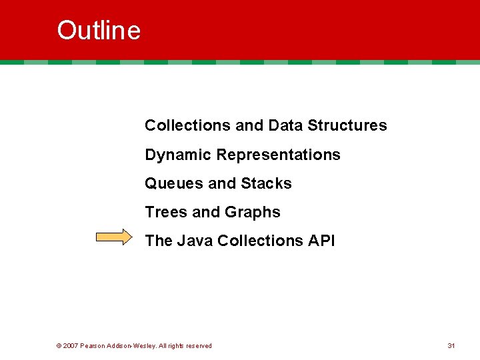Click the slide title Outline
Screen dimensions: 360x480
click(99, 31)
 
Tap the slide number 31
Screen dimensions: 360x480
click(451, 345)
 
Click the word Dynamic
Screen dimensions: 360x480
click(179, 155)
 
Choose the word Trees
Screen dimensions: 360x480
click(166, 212)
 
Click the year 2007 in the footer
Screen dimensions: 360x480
click(71, 345)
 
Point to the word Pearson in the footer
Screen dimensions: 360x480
click(93, 345)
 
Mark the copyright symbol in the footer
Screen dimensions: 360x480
click(59, 345)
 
